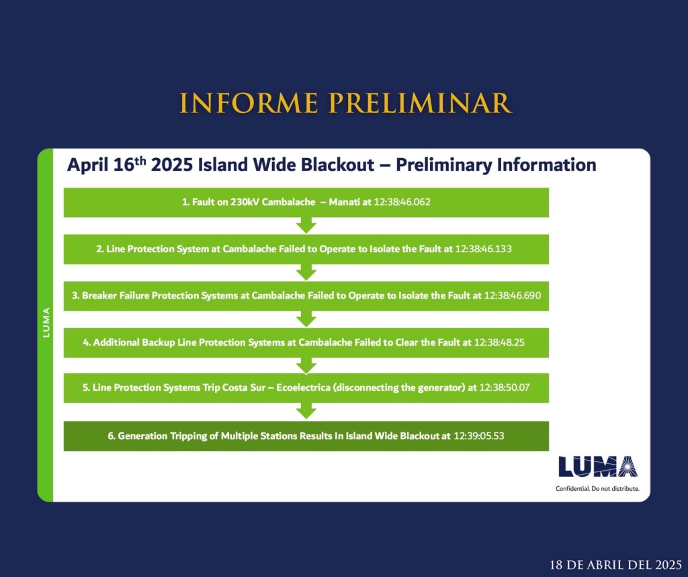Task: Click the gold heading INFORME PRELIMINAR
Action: point(345,103)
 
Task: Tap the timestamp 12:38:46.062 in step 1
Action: point(402,202)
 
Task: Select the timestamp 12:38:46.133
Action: point(483,249)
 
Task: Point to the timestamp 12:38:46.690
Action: point(512,295)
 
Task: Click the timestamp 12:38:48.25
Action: point(499,342)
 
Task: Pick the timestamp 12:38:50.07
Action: point(504,388)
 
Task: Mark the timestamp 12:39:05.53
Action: point(478,436)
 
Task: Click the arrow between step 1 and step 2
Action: point(306,225)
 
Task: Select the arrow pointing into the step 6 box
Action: point(306,411)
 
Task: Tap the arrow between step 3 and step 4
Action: point(306,319)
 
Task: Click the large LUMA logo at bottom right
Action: point(598,466)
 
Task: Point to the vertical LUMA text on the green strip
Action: point(46,322)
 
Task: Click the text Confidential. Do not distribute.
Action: point(597,489)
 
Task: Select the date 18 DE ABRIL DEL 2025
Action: point(615,564)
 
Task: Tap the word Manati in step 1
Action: point(345,202)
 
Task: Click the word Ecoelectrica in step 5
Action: point(303,388)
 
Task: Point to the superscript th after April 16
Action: point(140,160)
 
